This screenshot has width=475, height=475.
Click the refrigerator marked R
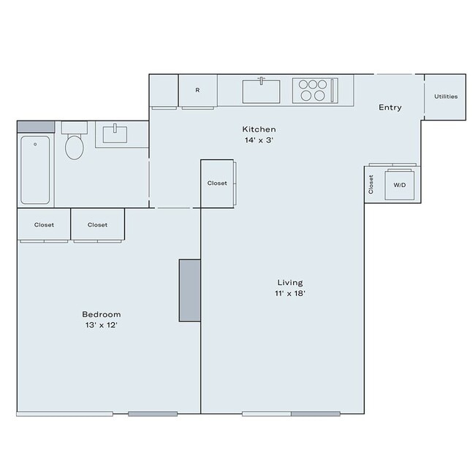click(197, 91)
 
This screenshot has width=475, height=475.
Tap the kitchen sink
click(261, 91)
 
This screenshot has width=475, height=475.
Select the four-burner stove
click(313, 91)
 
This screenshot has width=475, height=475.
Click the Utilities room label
click(445, 96)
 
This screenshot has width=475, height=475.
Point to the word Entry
click(389, 108)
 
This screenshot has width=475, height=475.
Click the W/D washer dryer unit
click(400, 186)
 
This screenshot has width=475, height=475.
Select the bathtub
click(35, 170)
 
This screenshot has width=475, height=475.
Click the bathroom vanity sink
click(114, 134)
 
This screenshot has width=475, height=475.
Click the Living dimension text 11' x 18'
click(290, 294)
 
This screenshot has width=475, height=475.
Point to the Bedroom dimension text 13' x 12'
click(101, 325)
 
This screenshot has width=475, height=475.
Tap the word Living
click(290, 283)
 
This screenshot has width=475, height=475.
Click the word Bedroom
click(101, 314)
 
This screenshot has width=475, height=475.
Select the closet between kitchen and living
click(217, 183)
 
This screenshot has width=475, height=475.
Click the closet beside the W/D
click(371, 184)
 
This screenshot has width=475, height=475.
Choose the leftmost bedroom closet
click(44, 225)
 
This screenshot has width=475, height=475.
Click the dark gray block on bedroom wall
click(190, 289)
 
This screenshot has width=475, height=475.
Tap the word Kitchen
click(260, 129)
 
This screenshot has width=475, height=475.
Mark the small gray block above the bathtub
click(35, 126)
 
